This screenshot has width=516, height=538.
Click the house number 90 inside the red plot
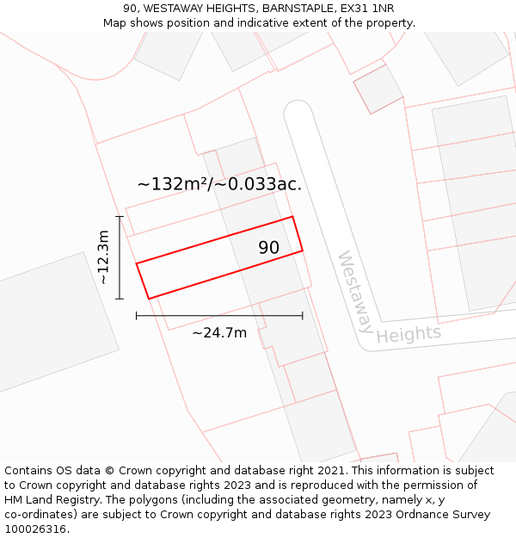point(269,248)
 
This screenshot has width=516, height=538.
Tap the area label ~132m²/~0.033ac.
point(219,184)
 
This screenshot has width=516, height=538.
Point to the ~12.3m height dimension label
point(103,257)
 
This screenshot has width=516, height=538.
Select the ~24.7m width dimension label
point(219,333)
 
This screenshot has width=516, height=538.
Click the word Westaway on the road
point(355,292)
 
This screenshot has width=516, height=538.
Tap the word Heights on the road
point(408,334)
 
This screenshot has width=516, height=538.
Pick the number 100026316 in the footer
point(36,529)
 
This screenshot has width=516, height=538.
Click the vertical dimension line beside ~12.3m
point(120,257)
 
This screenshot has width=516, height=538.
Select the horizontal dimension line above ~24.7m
point(219,316)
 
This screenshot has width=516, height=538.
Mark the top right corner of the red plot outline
point(293,217)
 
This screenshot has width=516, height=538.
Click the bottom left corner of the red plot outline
point(149,299)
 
